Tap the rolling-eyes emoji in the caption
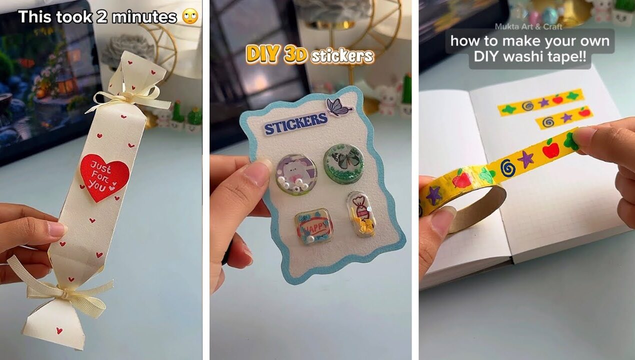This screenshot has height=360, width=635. [x=190, y=17]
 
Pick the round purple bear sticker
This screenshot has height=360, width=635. [x=296, y=173]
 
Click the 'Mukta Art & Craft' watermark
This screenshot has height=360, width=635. [x=528, y=26]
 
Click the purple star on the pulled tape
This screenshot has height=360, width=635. [x=525, y=159]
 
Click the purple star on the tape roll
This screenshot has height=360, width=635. [x=432, y=194]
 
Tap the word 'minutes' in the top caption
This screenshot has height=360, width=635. [x=144, y=17]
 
